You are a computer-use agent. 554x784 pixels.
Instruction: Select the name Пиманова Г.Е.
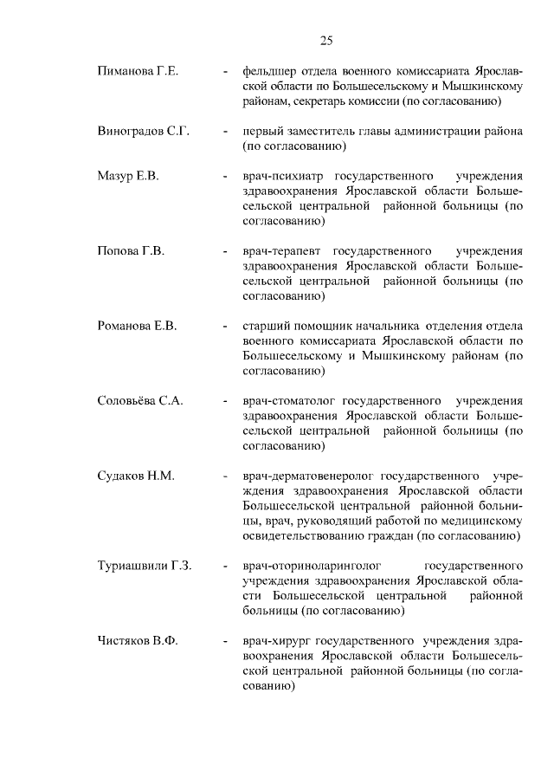point(138,71)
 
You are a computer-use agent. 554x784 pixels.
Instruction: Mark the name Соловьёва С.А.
point(145,402)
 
